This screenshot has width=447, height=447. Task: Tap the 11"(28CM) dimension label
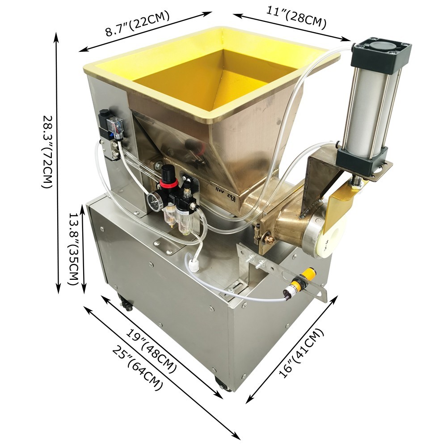click(296, 17)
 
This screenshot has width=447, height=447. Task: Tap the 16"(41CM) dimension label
click(300, 353)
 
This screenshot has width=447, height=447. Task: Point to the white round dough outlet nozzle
click(329, 239)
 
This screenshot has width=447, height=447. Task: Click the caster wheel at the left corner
click(126, 305)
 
